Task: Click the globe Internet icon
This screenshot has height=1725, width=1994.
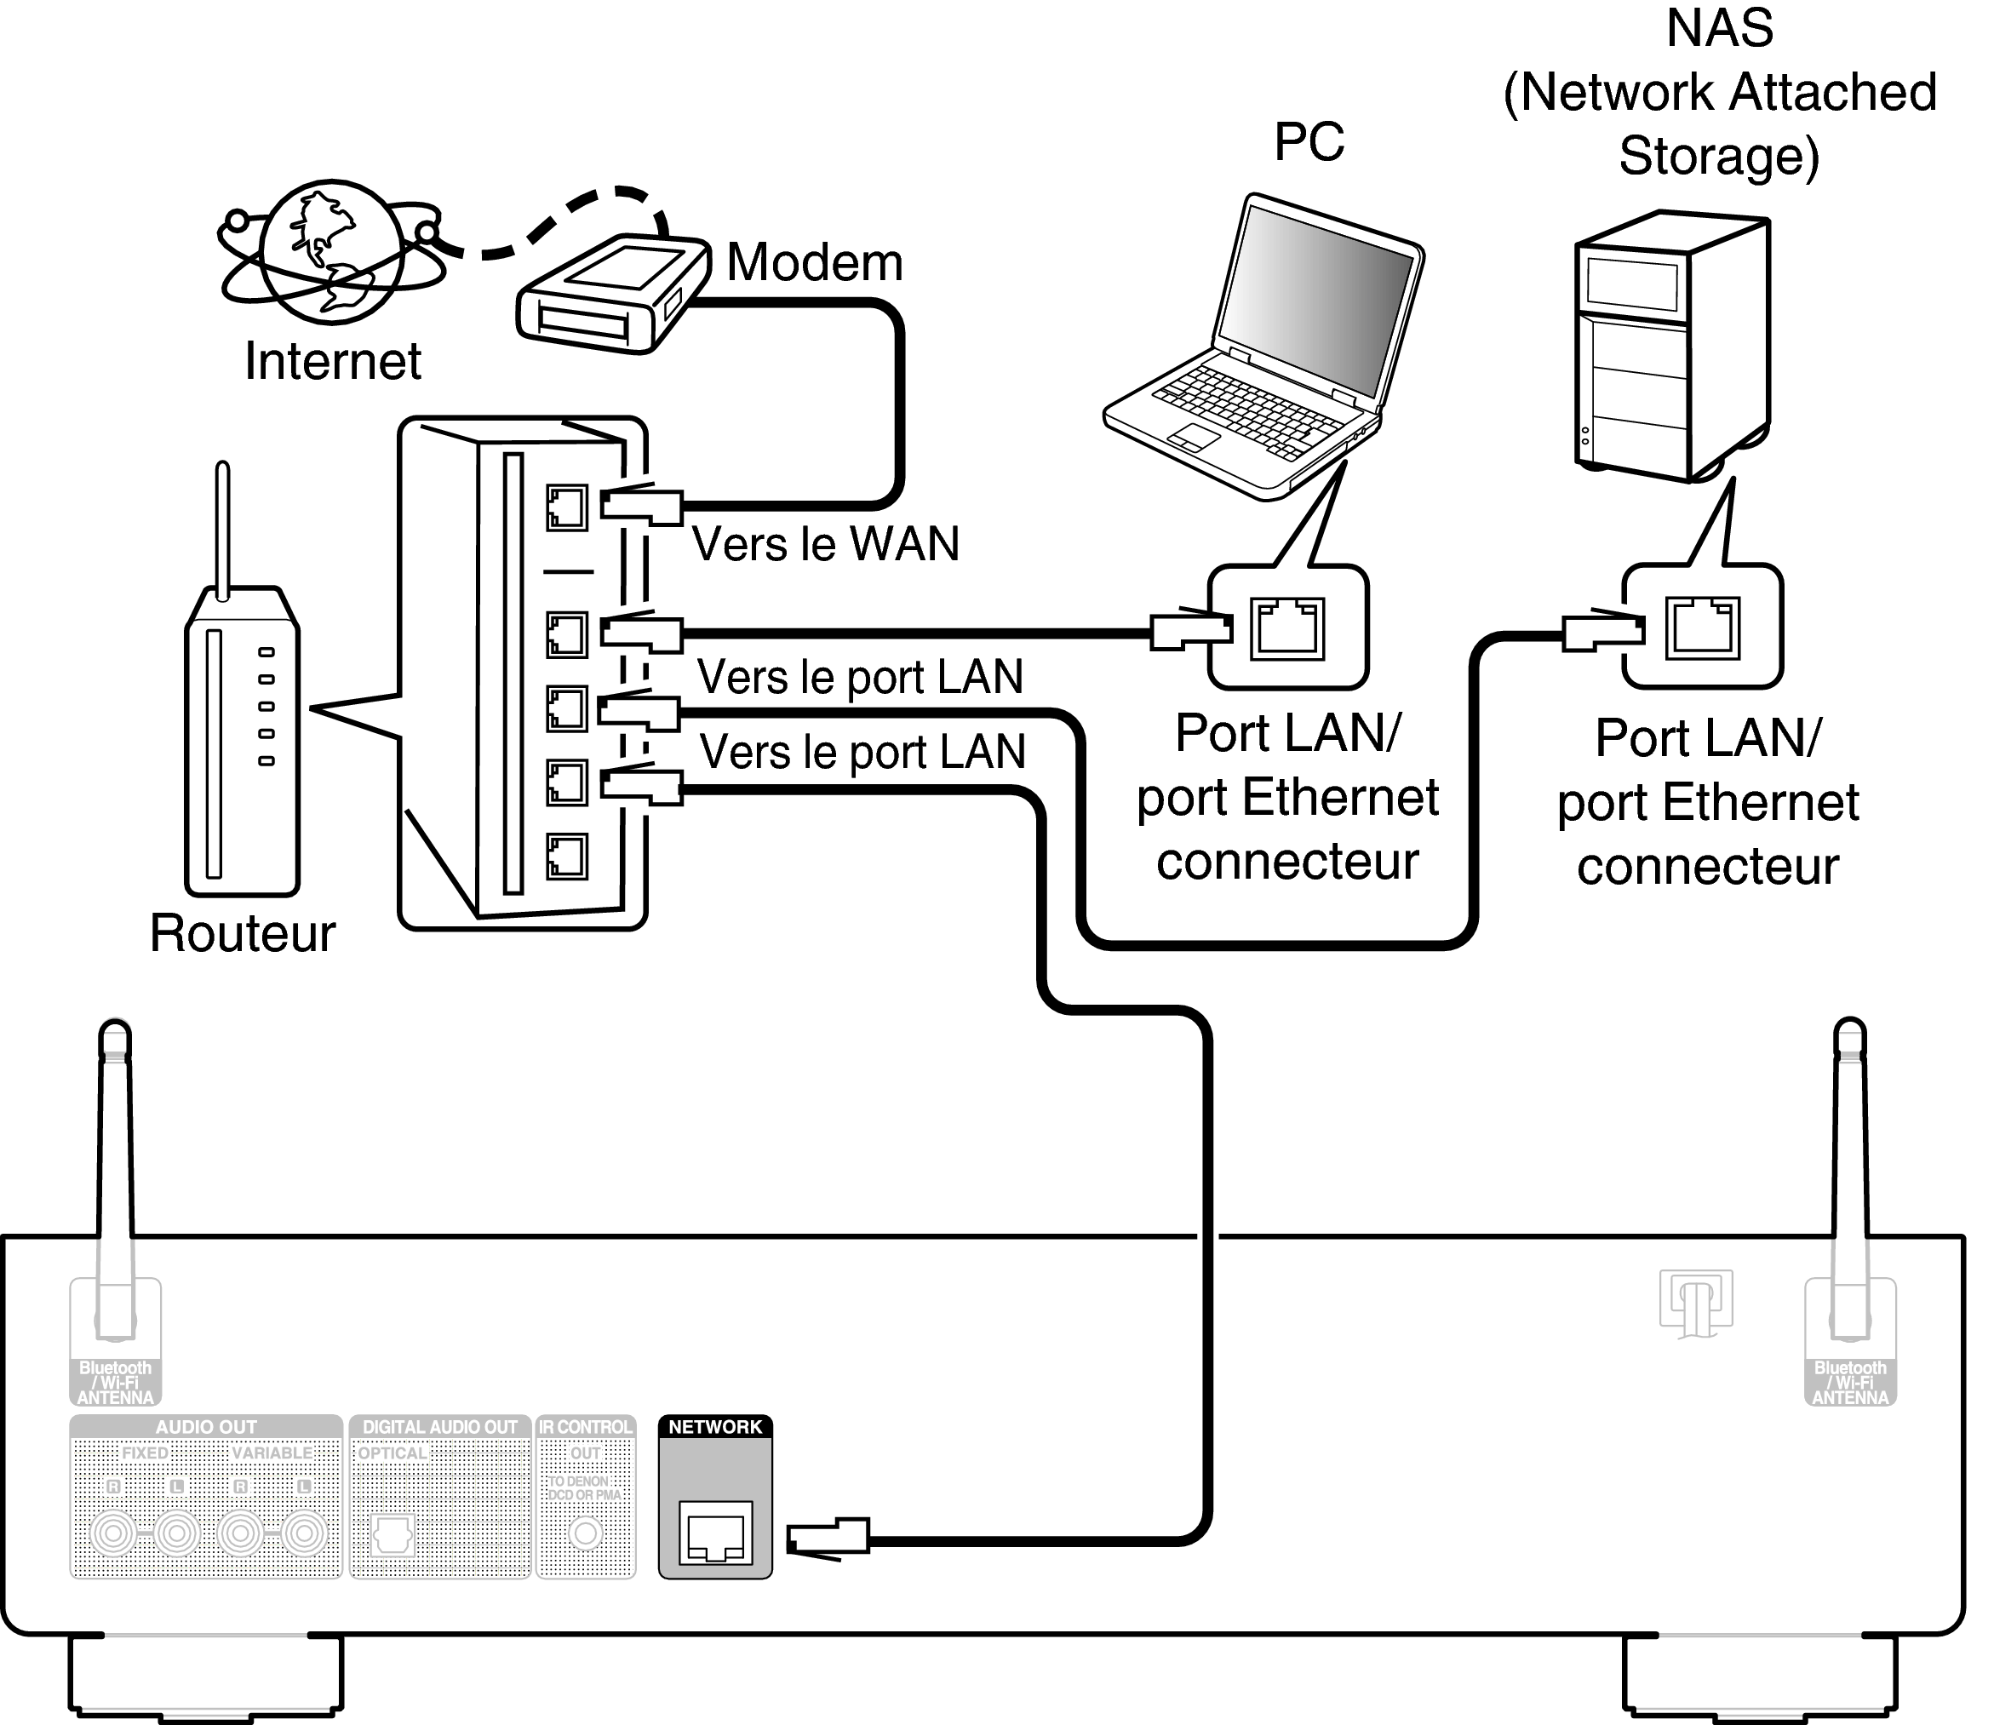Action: click(332, 252)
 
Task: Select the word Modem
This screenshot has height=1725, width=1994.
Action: click(814, 262)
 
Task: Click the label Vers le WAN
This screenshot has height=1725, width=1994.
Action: click(825, 544)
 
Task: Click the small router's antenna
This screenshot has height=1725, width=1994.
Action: click(222, 530)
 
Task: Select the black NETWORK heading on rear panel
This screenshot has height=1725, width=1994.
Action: click(715, 1427)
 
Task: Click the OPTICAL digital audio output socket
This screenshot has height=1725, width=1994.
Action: click(392, 1534)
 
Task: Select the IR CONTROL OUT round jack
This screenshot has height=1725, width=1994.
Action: click(585, 1533)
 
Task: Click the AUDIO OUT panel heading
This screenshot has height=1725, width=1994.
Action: click(206, 1427)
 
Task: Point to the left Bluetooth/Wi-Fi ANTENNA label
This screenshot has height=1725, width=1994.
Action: click(115, 1383)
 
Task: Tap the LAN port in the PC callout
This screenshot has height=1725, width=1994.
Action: click(1286, 628)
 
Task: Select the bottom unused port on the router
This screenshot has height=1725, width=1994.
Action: click(567, 856)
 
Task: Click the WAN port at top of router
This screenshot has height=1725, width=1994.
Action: click(567, 507)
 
